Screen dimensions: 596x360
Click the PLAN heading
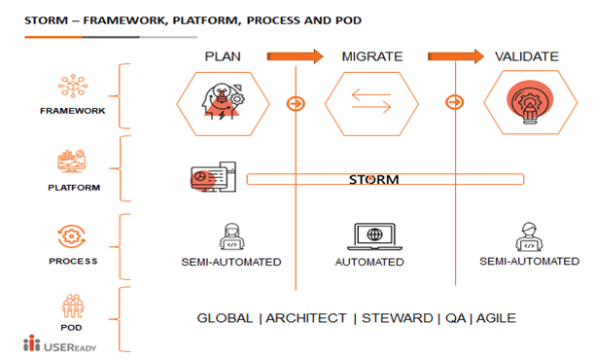[x=223, y=56]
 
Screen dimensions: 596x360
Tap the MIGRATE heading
[x=372, y=56]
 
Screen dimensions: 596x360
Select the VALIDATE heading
[x=526, y=56]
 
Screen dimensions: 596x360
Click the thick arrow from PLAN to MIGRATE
[x=295, y=56]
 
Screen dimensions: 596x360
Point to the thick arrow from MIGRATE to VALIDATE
[x=456, y=56]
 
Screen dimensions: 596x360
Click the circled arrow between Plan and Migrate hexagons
[x=296, y=103]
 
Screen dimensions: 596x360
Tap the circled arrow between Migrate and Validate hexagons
[x=455, y=101]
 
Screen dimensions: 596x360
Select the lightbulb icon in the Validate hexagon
[x=530, y=102]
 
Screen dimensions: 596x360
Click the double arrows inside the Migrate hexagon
[x=371, y=100]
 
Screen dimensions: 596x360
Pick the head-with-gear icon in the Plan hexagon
[x=223, y=101]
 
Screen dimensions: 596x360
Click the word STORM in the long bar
[x=374, y=179]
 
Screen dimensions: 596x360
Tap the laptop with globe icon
[x=374, y=236]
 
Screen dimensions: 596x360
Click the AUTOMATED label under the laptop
[x=369, y=262]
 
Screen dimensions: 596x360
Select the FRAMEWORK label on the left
[x=73, y=111]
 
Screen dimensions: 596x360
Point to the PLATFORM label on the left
[x=74, y=188]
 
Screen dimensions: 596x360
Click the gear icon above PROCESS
[x=71, y=236]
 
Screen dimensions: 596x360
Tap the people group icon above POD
[x=73, y=306]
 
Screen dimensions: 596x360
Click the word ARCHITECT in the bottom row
[x=306, y=318]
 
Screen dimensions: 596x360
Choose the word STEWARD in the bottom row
[x=398, y=318]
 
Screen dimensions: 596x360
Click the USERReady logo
[x=59, y=343]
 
